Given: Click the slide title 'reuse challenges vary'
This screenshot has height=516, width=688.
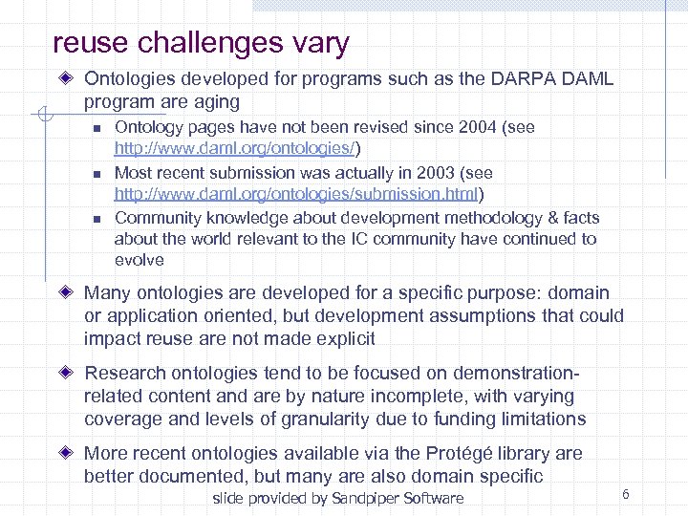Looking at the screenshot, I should pos(202,43).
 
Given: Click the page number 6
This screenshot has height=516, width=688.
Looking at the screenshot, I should pos(625,494).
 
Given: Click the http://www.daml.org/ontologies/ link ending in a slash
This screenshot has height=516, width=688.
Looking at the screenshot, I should pos(236,149).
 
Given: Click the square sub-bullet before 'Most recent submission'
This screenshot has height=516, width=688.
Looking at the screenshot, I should pos(96,174).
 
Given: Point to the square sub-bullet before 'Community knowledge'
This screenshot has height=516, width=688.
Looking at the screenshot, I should pos(96,219).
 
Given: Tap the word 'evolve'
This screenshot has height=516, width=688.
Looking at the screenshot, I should pos(140,260).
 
